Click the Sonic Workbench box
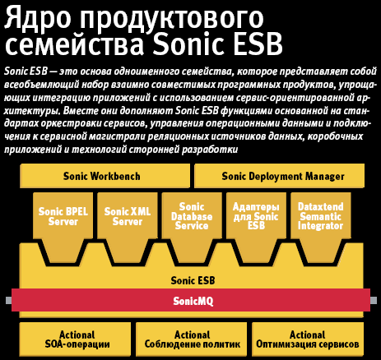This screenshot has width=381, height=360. pos(105,176)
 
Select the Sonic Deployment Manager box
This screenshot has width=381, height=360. pos(279,176)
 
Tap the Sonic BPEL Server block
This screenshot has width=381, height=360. pos(63,228)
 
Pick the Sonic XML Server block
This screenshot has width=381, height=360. pos(128,228)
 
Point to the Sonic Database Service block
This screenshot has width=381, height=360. pos(192,228)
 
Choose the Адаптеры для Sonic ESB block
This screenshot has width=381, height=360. pos(256,228)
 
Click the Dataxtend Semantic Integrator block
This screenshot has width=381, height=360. pos(321,228)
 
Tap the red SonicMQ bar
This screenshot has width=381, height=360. pos(191,300)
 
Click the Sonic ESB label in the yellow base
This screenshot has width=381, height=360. pos(193,280)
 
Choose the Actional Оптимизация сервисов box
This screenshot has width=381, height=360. pos(308,339)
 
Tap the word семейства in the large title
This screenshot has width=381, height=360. pos(74,44)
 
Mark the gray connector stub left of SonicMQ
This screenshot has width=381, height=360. pos(8,300)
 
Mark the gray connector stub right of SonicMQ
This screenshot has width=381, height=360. pos(374,300)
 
